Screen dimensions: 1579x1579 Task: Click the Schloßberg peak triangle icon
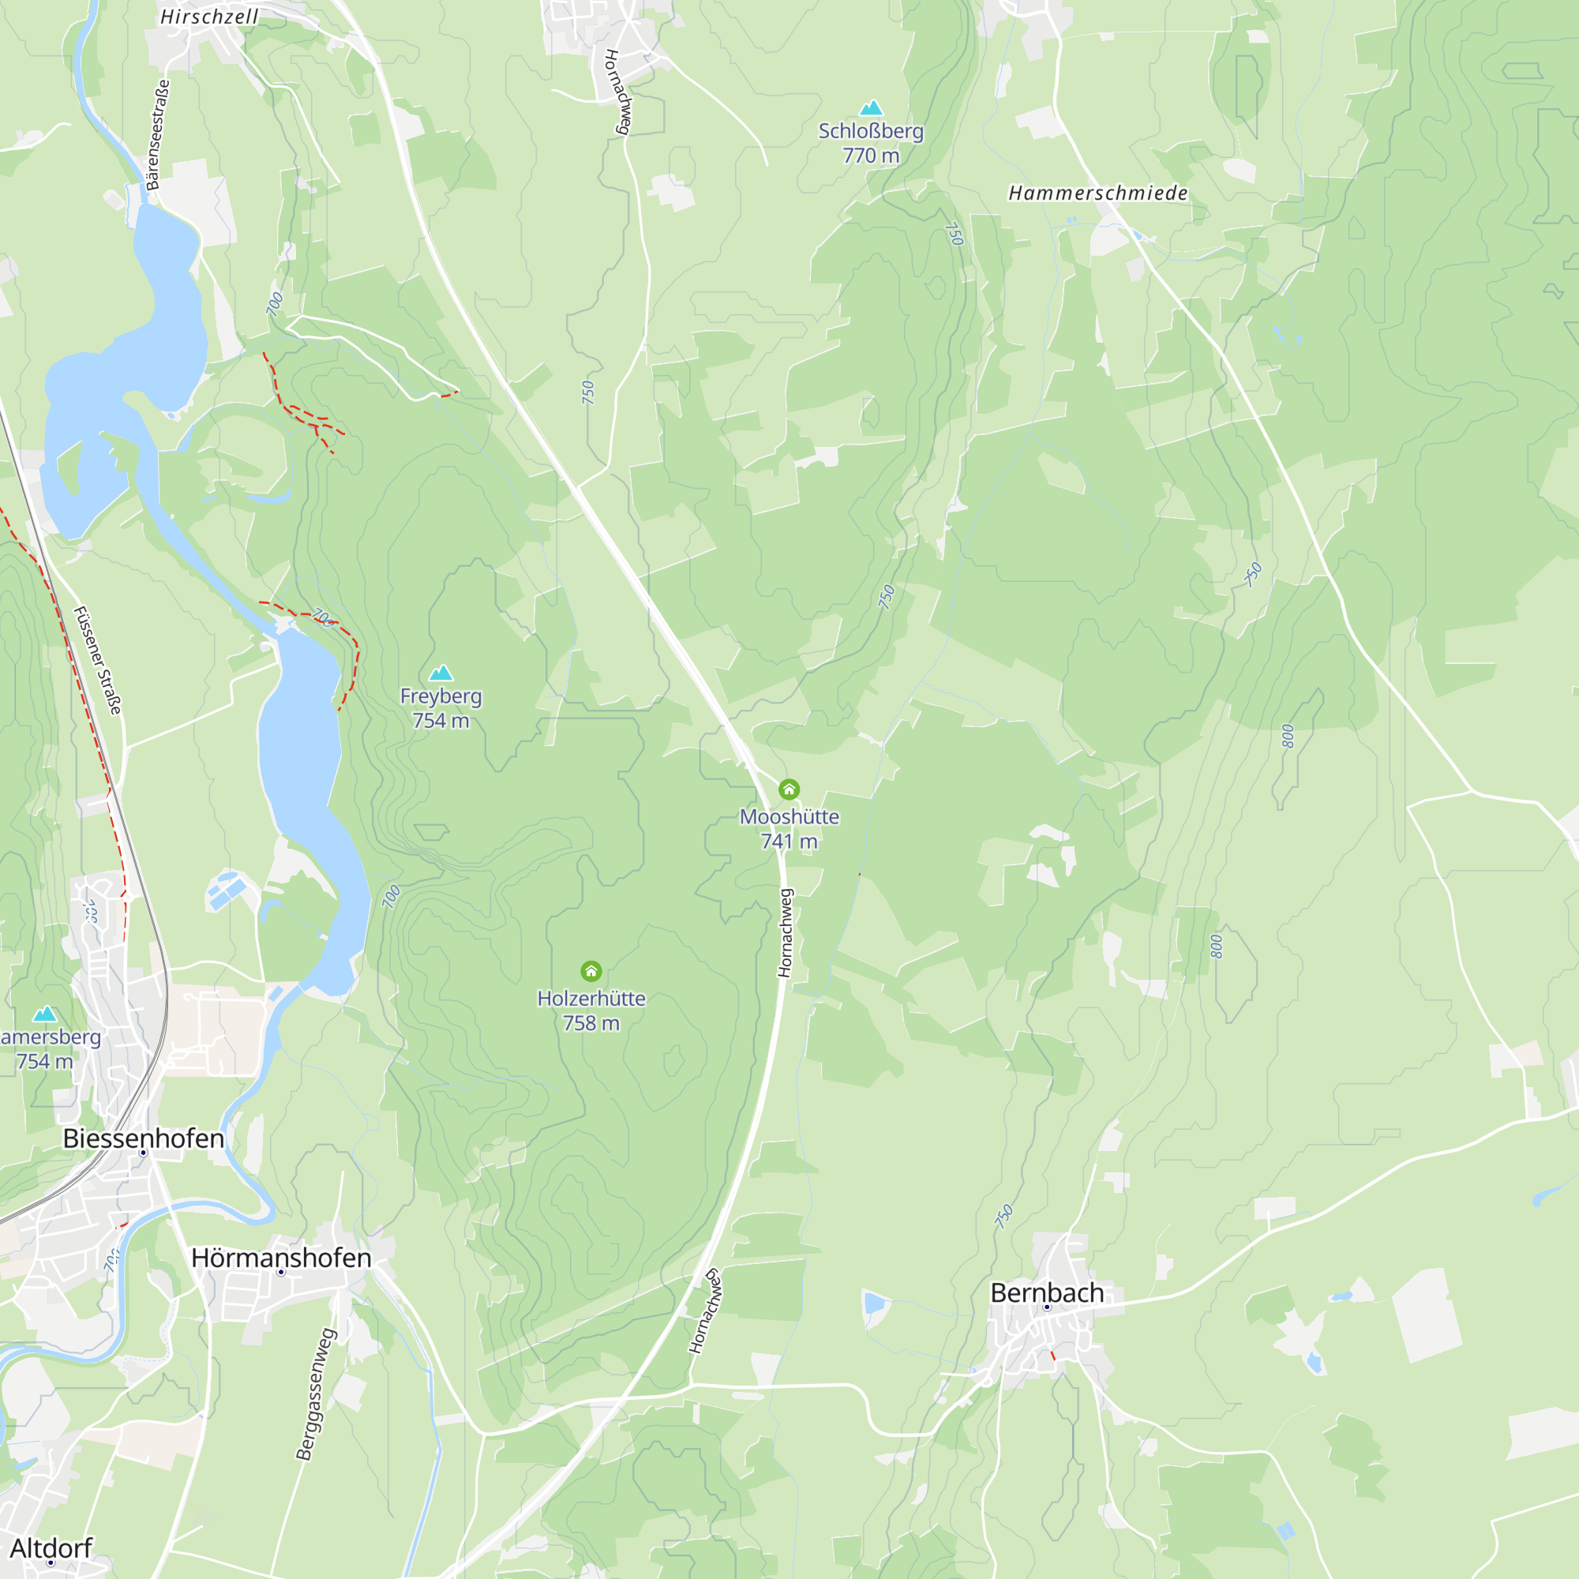(872, 108)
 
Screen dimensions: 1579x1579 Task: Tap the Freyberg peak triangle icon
(441, 673)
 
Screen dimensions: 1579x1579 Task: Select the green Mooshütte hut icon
(789, 789)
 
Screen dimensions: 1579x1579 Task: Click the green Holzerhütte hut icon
(591, 971)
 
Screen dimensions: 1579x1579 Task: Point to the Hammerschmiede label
(1097, 193)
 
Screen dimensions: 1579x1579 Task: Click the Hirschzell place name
(209, 17)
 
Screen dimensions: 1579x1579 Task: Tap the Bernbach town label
(1047, 1293)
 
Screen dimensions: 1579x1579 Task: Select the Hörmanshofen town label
(281, 1258)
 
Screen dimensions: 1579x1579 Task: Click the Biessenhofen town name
(144, 1138)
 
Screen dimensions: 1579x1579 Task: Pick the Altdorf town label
(51, 1548)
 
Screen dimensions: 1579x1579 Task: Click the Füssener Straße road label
(97, 660)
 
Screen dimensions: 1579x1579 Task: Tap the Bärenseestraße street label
(158, 135)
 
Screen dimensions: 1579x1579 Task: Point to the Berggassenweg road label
(317, 1394)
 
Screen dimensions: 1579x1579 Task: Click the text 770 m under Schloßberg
(872, 156)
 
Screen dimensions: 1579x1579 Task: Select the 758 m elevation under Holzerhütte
(591, 1023)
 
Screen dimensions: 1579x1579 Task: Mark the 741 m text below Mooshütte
(789, 841)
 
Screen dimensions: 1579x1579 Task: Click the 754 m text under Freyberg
(441, 721)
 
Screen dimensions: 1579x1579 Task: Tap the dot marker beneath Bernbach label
(1047, 1307)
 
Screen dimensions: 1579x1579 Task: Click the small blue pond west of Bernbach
(875, 1302)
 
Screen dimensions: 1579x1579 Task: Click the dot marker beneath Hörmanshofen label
(281, 1273)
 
